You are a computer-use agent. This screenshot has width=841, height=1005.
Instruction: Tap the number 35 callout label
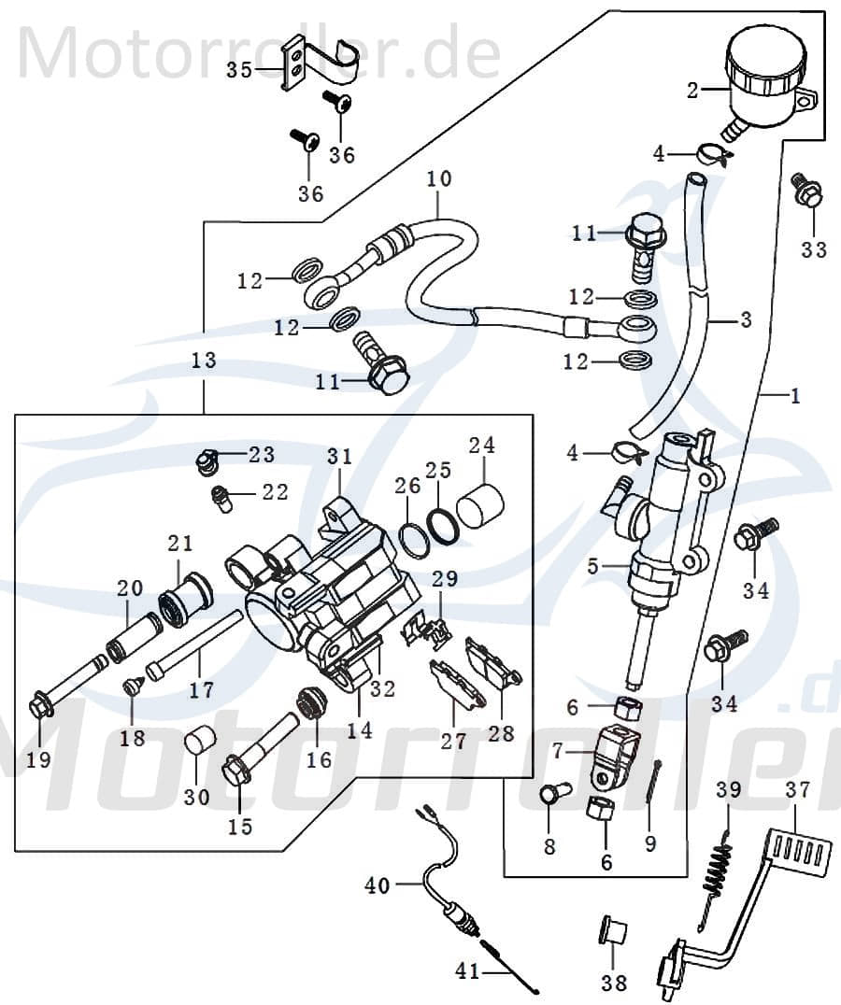[240, 70]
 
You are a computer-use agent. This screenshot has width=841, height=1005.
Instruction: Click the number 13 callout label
[204, 361]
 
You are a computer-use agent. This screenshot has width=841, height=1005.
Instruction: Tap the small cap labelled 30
[197, 743]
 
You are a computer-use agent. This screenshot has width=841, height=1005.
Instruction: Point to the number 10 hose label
[439, 177]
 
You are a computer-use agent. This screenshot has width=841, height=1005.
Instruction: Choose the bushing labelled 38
[612, 933]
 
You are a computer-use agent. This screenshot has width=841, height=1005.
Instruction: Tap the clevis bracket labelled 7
[616, 754]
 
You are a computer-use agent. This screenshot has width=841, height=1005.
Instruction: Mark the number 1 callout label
[795, 396]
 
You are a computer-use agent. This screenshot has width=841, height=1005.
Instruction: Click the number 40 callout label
[377, 885]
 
